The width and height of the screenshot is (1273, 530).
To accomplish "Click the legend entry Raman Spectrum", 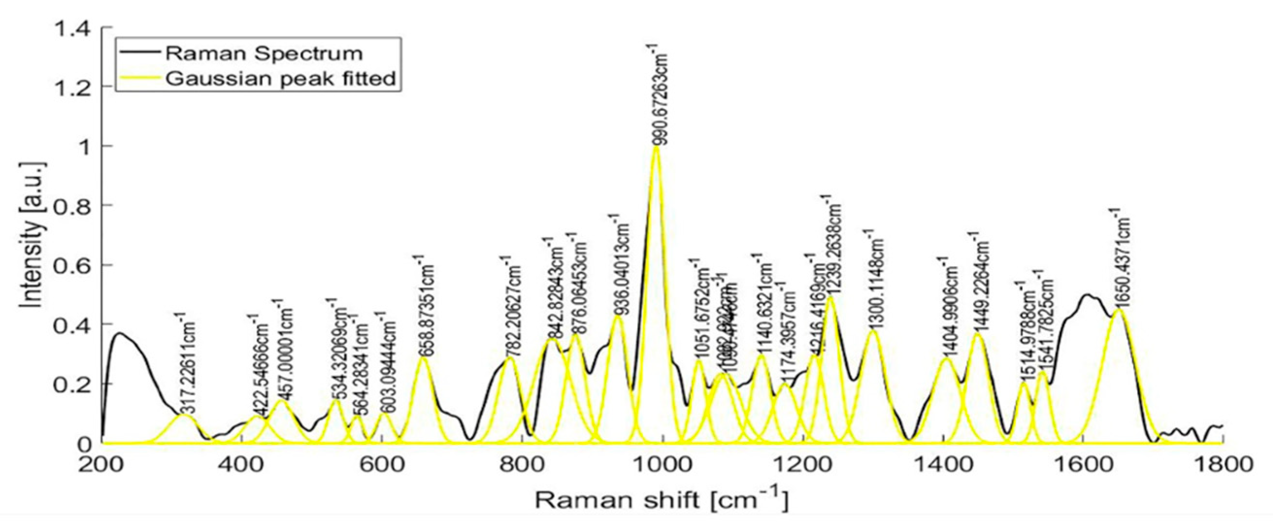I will point(264,53).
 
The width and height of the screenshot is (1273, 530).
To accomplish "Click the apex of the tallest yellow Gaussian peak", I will point(656,147).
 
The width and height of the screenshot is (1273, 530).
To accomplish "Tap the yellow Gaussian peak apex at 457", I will point(281,400).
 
